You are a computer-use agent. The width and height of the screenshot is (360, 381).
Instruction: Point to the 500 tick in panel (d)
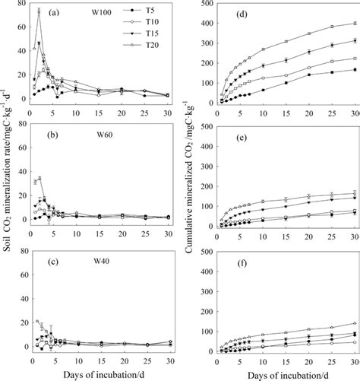[203, 4]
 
